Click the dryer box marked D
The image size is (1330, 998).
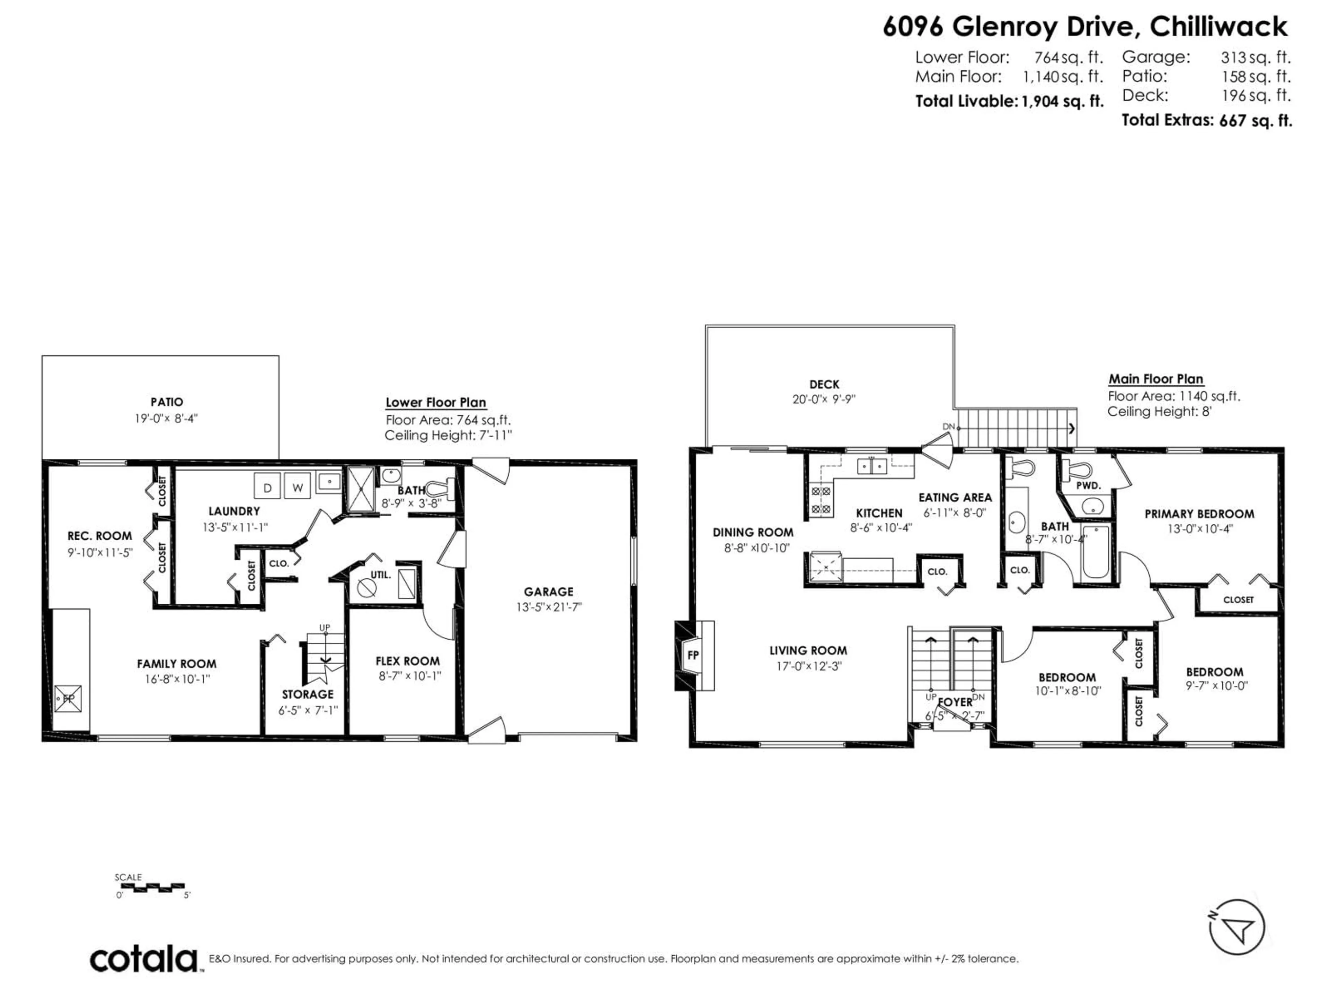[267, 487]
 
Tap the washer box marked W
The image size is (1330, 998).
[297, 487]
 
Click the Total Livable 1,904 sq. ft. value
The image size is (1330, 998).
[1062, 102]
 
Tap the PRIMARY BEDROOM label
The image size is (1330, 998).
[1199, 514]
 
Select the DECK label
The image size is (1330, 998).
[824, 384]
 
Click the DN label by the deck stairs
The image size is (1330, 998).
[948, 427]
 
